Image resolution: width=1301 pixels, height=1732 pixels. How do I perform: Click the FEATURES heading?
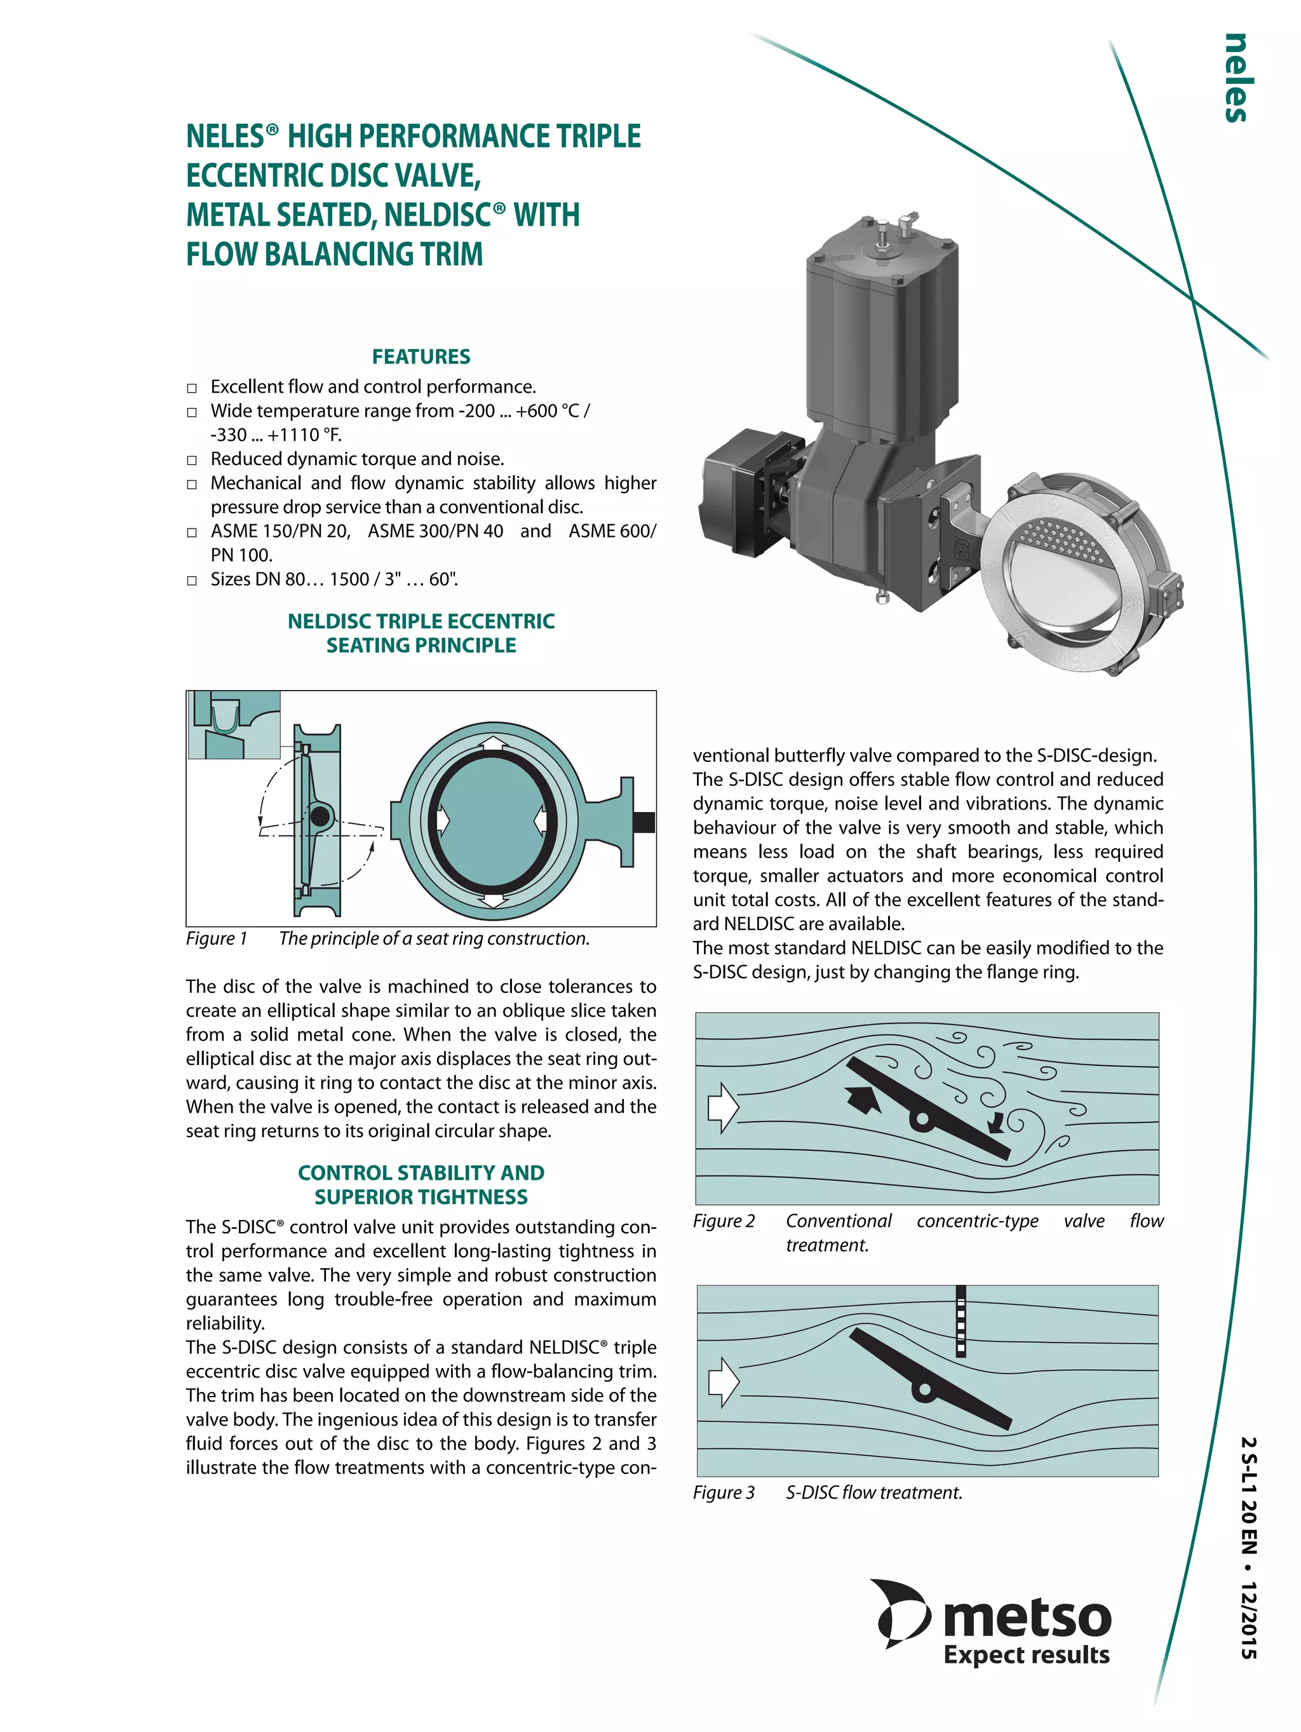[x=421, y=356]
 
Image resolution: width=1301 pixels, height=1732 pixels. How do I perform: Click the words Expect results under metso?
[x=1025, y=1654]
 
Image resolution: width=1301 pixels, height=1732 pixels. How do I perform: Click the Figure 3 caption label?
[x=724, y=1492]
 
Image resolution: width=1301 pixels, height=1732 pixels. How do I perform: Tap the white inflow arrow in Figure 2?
[x=722, y=1108]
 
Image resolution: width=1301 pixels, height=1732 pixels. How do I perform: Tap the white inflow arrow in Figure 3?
[x=722, y=1383]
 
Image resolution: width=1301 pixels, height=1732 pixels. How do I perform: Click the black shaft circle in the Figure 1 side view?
[x=320, y=816]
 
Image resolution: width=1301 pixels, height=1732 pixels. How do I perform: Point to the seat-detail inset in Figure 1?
[x=234, y=724]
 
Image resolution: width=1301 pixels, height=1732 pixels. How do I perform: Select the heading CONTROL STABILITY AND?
[x=421, y=1172]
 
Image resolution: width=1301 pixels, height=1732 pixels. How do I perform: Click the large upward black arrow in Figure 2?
[x=863, y=1099]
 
